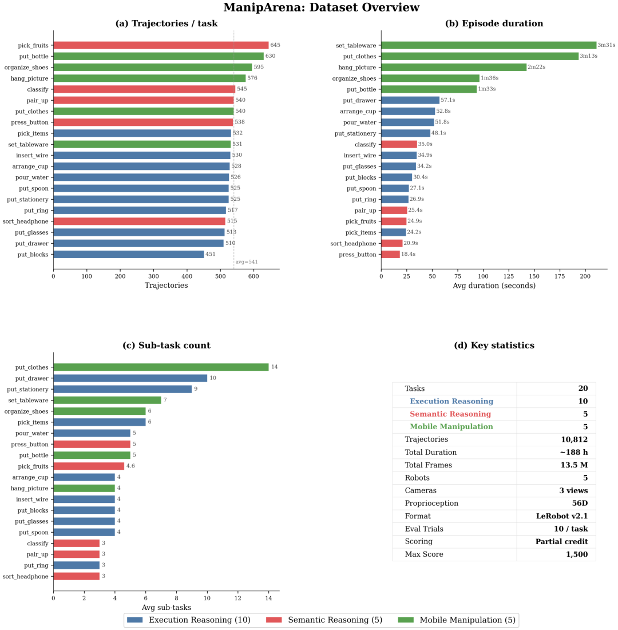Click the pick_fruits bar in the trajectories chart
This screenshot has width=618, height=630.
161,45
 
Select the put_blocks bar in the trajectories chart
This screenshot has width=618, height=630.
128,255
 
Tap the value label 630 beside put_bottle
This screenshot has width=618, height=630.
270,56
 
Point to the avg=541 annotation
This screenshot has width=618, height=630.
247,262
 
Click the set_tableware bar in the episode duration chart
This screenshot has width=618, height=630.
488,45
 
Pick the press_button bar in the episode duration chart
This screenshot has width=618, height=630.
390,255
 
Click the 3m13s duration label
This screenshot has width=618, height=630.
589,56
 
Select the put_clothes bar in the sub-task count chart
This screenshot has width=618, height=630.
161,367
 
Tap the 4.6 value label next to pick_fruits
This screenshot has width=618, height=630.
130,466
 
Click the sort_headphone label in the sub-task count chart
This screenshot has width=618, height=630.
26,577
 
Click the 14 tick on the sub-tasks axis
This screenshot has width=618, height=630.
268,599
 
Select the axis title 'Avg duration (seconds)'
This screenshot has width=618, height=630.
494,286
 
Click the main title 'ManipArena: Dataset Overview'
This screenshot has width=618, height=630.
321,8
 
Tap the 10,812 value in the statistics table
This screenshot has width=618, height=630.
574,439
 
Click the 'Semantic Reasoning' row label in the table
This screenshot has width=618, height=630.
450,414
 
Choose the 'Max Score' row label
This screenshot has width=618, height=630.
424,554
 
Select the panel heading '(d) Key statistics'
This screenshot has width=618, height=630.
494,346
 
